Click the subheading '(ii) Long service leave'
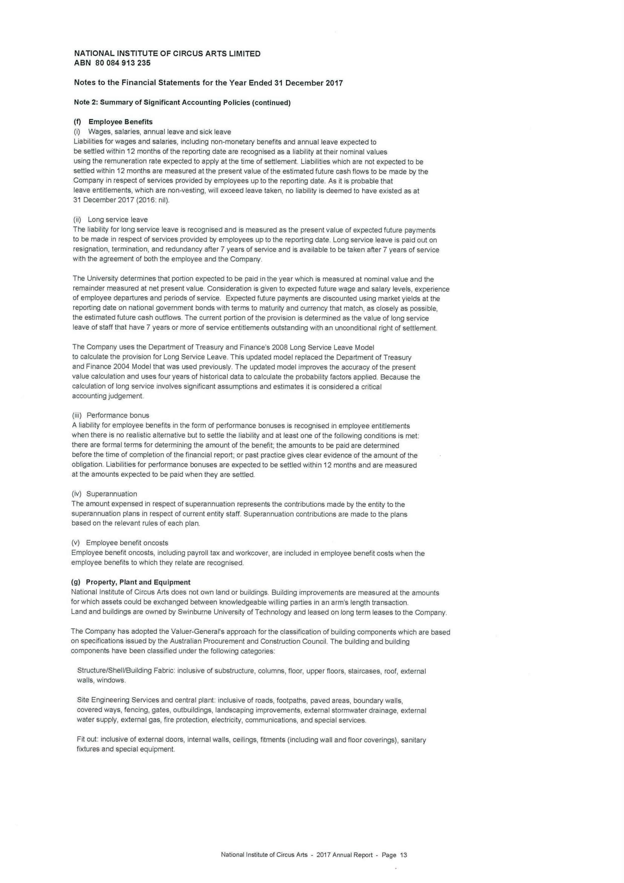[x=110, y=220]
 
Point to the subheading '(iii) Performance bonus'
[x=110, y=415]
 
